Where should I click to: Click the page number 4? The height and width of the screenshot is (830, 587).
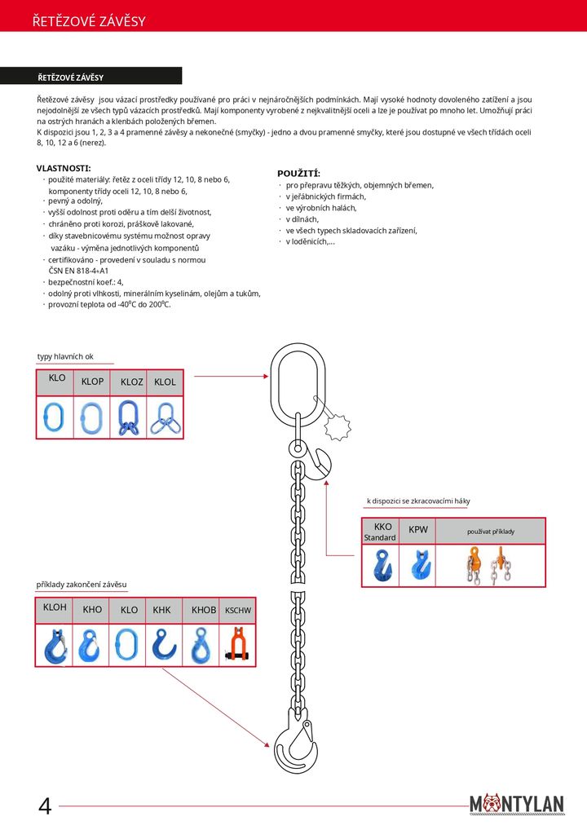45,806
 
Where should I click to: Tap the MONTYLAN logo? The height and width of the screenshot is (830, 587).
517,804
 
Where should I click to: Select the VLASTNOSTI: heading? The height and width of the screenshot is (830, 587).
64,168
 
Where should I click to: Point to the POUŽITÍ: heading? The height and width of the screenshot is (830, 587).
298,174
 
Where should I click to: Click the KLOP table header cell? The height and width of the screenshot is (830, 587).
92,382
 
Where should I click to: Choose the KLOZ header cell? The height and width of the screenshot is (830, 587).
131,382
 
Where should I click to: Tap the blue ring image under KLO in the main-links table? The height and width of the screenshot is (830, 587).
55,417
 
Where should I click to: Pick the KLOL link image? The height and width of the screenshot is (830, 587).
166,417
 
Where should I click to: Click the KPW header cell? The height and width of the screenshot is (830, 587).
418,530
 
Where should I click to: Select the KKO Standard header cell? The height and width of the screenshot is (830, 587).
379,532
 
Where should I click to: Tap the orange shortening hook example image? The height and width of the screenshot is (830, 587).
489,565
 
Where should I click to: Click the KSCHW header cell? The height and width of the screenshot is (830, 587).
238,610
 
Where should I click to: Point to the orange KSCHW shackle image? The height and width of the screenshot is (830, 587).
238,645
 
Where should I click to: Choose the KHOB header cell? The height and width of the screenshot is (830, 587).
204,610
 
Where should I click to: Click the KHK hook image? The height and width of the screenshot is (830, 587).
164,645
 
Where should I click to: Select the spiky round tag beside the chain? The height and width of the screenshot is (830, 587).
336,426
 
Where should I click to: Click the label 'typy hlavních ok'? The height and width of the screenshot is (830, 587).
65,356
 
